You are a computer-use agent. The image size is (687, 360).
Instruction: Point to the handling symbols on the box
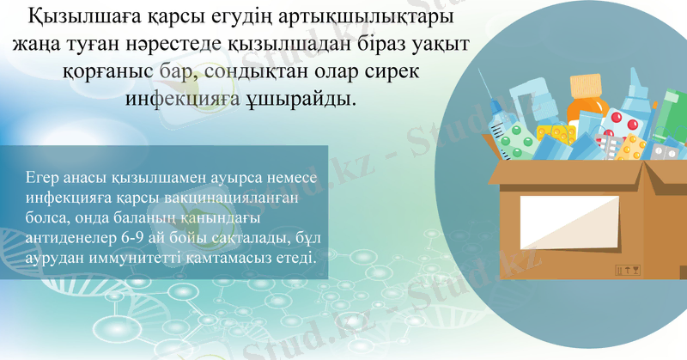[x=629, y=271]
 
